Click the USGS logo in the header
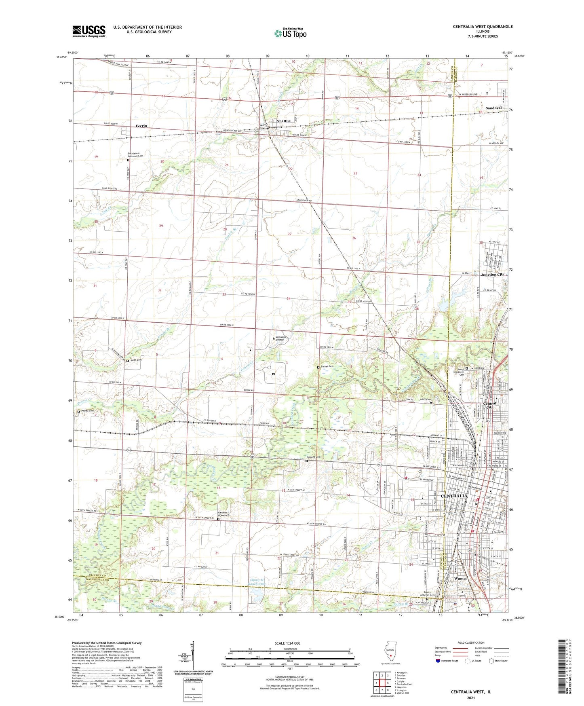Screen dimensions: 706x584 89,31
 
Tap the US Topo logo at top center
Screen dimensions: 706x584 290,33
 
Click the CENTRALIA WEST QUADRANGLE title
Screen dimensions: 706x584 483,27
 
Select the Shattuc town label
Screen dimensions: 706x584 283,121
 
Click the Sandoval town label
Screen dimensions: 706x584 493,108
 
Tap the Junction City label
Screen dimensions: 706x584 492,275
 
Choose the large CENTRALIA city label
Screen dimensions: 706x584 453,496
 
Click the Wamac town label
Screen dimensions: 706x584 461,579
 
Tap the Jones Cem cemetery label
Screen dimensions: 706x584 136,360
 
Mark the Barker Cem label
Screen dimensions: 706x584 328,367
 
